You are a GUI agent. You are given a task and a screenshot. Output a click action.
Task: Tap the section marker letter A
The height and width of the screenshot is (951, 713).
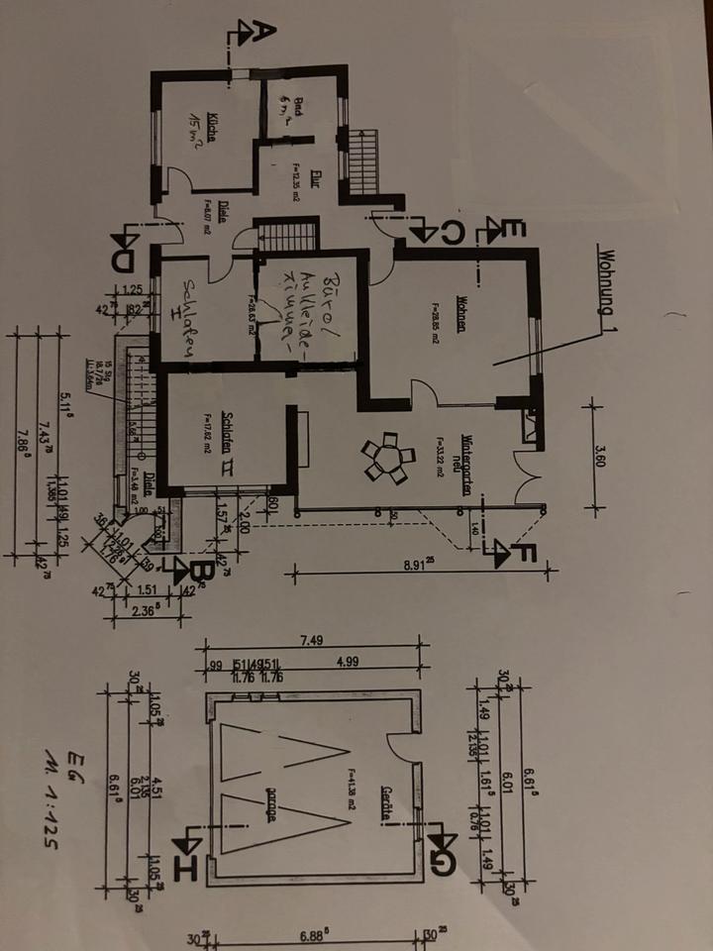point(256,32)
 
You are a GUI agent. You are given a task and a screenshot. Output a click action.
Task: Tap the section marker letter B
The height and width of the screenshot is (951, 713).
point(198,573)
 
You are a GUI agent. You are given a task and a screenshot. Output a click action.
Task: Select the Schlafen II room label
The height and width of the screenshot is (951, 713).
point(229,433)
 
